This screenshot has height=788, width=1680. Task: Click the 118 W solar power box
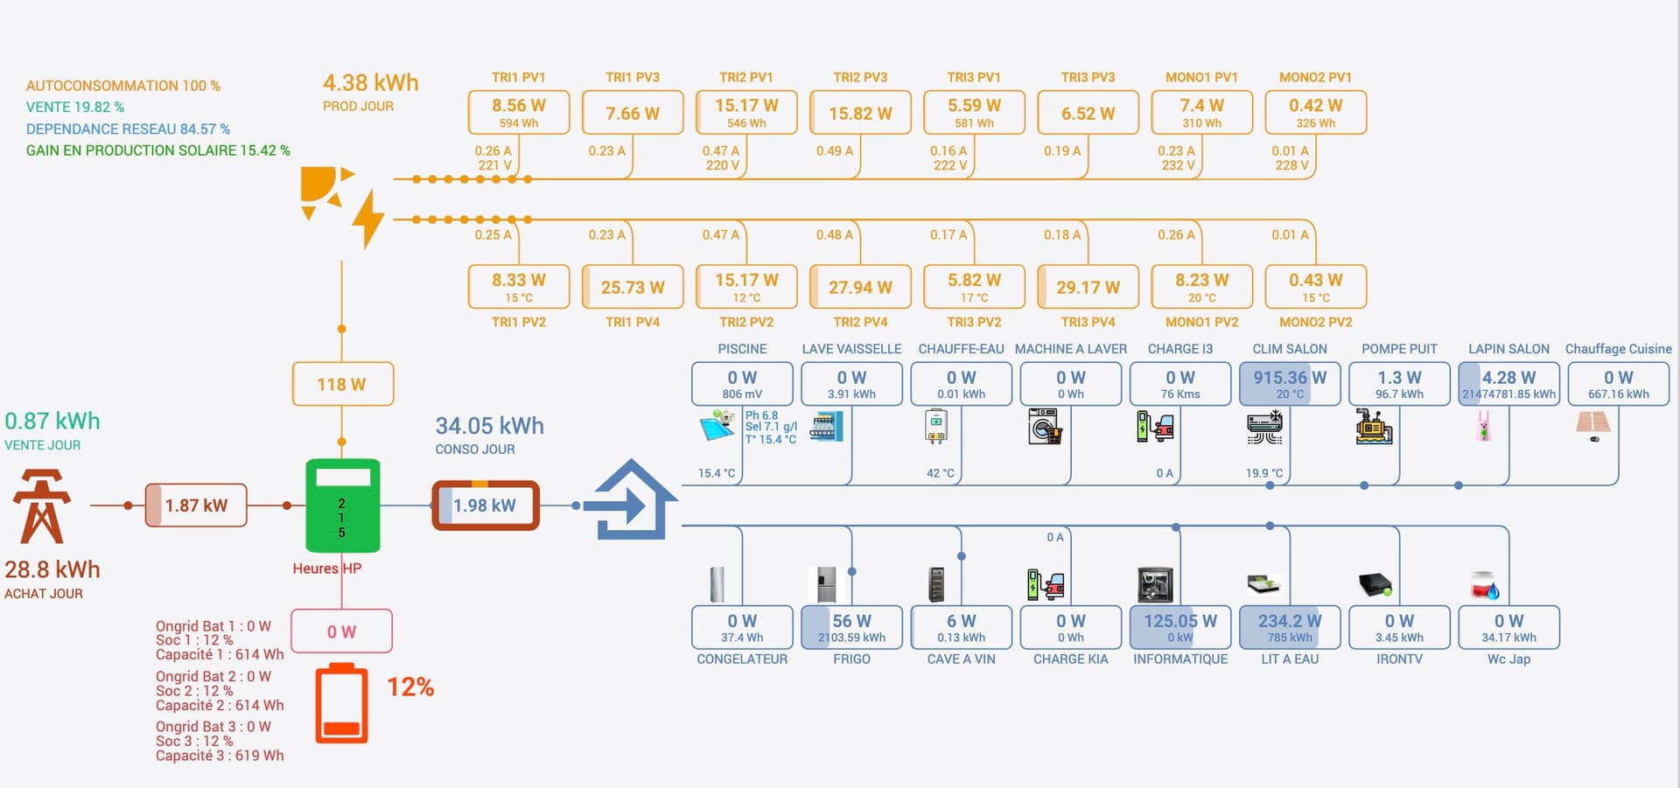342,384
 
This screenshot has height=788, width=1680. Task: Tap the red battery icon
341,704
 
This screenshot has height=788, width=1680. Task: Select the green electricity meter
342,506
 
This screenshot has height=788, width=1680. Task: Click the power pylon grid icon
41,506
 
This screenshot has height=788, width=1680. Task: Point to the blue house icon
632,500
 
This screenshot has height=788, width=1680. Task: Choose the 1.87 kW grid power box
196,506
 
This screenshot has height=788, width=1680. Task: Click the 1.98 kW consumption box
486,506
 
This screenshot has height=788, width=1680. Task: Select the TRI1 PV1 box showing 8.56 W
519,112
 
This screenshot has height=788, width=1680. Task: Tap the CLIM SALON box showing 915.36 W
1290,383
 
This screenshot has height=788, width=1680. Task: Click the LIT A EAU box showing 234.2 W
1290,627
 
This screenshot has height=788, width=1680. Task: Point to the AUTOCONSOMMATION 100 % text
123,86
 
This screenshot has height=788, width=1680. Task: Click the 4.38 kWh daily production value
370,83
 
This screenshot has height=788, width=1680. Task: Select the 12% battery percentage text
410,687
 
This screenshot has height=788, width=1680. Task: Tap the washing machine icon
1045,426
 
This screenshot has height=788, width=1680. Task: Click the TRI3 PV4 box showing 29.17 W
1088,287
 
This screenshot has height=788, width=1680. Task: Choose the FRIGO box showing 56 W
851,627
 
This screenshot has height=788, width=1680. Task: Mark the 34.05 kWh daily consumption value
490,426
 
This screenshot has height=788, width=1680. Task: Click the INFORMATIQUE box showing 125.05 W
1180,627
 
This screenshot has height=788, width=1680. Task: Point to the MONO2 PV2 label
1315,322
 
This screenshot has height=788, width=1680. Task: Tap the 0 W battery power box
341,631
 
